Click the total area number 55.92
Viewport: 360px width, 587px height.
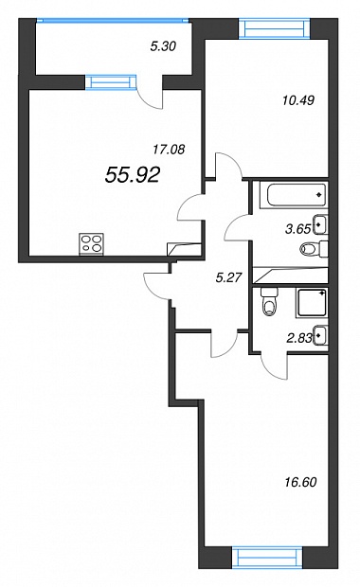pos(133,175)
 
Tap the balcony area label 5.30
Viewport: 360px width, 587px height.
pos(163,46)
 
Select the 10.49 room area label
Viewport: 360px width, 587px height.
pos(298,100)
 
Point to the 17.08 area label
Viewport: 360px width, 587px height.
pos(169,150)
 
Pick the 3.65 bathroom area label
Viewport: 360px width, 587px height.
pos(297,229)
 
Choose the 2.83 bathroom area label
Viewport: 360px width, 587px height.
pos(299,338)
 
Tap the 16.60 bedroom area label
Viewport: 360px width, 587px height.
pos(300,482)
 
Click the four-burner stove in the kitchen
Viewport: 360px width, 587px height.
pos(92,244)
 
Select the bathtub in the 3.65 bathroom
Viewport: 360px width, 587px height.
pos(297,195)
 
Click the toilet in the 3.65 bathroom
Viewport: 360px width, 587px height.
pos(314,249)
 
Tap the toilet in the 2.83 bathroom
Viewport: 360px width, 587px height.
pos(270,301)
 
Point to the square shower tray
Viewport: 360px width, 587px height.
pos(312,303)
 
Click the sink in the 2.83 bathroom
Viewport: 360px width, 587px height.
pos(321,335)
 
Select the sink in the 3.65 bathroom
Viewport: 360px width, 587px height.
pos(321,225)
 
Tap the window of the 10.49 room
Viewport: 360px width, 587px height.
pos(275,28)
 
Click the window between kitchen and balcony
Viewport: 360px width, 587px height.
pos(111,82)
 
